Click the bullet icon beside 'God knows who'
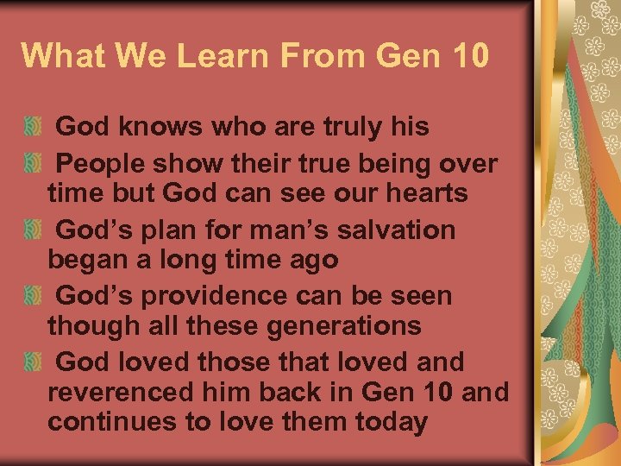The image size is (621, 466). [x=32, y=128]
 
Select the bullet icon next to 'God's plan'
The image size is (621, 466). [x=32, y=230]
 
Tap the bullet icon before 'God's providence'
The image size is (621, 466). [x=32, y=296]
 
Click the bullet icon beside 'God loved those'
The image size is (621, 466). [x=32, y=362]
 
